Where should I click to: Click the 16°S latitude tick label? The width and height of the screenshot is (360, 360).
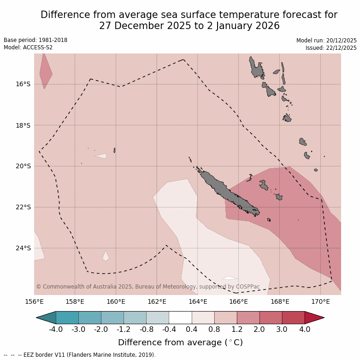(23, 84)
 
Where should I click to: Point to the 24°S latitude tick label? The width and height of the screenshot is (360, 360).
(23, 248)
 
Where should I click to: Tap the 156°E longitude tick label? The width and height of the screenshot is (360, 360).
(34, 302)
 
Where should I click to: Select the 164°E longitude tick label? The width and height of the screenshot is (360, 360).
(198, 302)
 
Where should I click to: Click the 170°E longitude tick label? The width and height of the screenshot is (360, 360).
(320, 302)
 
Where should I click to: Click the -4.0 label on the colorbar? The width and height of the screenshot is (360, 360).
(56, 330)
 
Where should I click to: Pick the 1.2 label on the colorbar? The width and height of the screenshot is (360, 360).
(237, 330)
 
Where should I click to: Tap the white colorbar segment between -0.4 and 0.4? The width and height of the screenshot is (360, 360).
(180, 318)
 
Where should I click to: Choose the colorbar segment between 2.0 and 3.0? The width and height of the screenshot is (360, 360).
(271, 318)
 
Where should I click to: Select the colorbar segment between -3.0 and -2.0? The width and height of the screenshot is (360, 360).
(90, 318)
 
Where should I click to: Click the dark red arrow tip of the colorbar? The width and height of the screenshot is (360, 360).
(315, 318)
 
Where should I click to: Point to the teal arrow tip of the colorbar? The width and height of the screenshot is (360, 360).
(46, 318)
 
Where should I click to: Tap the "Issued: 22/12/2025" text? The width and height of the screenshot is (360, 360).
(331, 48)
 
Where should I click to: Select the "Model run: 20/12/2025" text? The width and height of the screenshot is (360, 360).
(326, 41)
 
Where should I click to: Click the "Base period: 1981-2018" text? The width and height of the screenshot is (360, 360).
(35, 40)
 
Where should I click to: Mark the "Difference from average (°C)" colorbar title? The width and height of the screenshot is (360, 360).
(180, 342)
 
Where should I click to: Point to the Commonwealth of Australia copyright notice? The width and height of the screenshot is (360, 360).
(148, 287)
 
